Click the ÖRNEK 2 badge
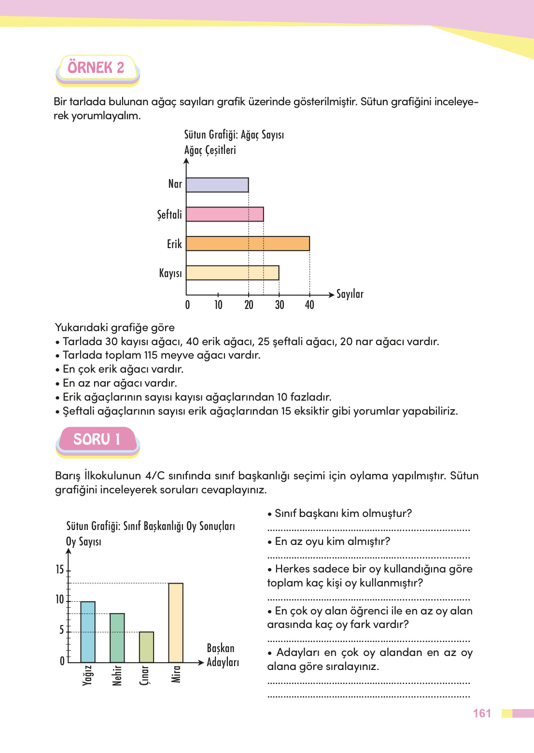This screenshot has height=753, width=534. [x=97, y=68]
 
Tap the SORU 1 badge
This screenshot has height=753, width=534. [x=97, y=439]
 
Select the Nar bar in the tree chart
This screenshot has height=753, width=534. [x=217, y=185]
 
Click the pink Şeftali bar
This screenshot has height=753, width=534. [x=225, y=214]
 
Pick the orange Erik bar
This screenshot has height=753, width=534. [x=248, y=244]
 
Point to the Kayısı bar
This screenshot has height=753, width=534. [x=232, y=273]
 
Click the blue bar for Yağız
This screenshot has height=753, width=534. [x=88, y=632]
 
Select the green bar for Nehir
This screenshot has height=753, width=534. [x=117, y=638]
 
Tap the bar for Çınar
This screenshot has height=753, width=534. [x=146, y=647]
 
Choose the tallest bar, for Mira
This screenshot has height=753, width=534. [x=176, y=623]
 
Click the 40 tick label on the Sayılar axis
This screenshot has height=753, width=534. [x=309, y=305]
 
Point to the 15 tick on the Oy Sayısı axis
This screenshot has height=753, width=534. [x=60, y=570]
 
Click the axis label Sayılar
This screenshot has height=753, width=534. [x=350, y=294]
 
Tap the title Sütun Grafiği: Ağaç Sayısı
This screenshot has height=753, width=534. [x=234, y=135]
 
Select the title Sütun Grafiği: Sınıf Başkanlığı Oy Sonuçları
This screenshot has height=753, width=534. [x=150, y=526]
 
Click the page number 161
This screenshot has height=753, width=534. [x=482, y=713]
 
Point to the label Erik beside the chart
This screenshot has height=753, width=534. [x=174, y=244]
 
